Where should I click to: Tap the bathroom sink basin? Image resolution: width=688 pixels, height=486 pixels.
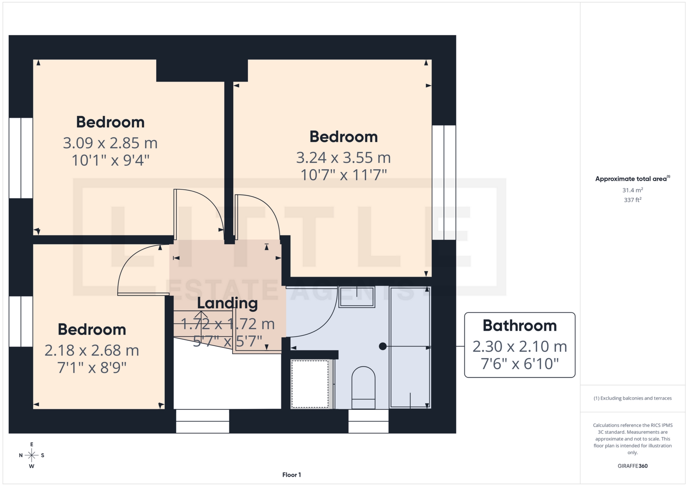point(357,297)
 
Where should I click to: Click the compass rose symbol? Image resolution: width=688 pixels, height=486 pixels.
point(32,455)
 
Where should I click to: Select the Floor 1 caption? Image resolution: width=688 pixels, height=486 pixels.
point(291,475)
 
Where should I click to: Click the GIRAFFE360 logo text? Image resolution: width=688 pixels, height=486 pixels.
point(632,466)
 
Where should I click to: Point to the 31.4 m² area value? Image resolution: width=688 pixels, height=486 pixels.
point(632,190)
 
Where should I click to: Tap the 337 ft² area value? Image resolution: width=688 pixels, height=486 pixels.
point(632,200)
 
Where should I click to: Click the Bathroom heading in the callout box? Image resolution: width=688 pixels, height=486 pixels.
point(520,326)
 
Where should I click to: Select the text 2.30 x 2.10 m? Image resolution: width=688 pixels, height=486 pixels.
point(520,346)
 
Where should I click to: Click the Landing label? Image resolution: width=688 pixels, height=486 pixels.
point(227,303)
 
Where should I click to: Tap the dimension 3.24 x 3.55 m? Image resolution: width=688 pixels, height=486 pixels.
point(343,157)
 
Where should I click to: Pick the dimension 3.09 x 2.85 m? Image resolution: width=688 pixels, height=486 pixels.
point(110,143)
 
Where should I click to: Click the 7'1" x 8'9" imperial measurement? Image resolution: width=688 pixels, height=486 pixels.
point(92,368)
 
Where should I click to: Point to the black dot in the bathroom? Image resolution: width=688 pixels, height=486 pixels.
point(383,346)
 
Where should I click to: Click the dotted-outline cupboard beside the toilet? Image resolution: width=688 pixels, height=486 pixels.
point(310,384)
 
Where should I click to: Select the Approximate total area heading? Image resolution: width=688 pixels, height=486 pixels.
point(631,179)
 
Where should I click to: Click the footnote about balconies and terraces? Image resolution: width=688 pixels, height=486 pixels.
point(632,398)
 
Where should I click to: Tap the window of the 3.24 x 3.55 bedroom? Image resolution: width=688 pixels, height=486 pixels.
point(444,183)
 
